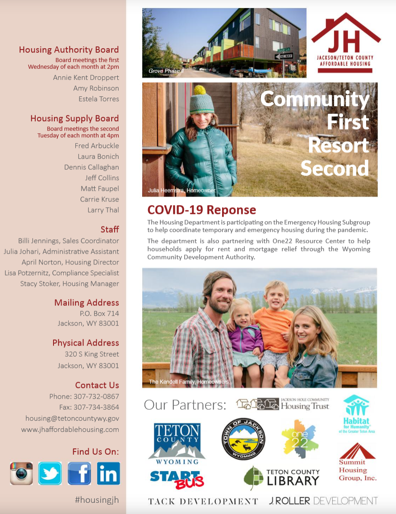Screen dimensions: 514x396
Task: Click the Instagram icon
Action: pos(21,473)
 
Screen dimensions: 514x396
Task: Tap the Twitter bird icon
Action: pos(50,473)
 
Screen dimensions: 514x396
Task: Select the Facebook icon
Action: pos(79,473)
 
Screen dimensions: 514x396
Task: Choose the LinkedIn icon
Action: pos(108,473)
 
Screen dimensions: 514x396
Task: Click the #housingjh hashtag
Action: pos(97,500)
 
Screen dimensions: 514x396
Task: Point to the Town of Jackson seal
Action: pos(243,439)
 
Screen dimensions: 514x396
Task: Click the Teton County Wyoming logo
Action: pos(177,444)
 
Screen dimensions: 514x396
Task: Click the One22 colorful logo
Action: pos(299,439)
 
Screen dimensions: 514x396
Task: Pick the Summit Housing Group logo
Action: pos(357,462)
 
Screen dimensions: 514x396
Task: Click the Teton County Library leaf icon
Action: pos(254,478)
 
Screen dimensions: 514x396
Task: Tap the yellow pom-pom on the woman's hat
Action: pos(200,90)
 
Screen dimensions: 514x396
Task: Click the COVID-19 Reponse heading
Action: pos(202,210)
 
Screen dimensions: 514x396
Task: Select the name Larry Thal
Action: pos(103,210)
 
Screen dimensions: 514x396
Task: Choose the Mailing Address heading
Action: pos(87,303)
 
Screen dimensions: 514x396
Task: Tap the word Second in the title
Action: pos(334,168)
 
